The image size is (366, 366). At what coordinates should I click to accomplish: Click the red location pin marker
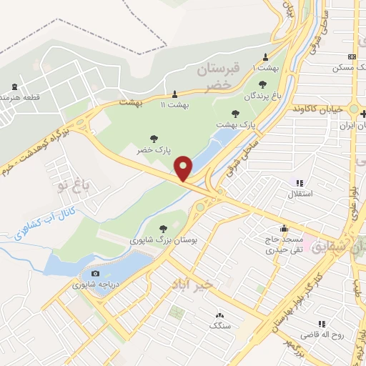point(184,168)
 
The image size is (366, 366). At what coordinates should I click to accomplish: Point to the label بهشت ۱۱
point(175,105)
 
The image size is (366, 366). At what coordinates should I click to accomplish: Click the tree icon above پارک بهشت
point(235,113)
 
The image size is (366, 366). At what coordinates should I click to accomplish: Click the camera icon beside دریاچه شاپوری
point(96,273)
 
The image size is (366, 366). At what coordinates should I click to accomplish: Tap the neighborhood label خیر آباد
point(194,284)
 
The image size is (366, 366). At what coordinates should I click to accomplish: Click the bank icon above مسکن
point(351,57)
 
